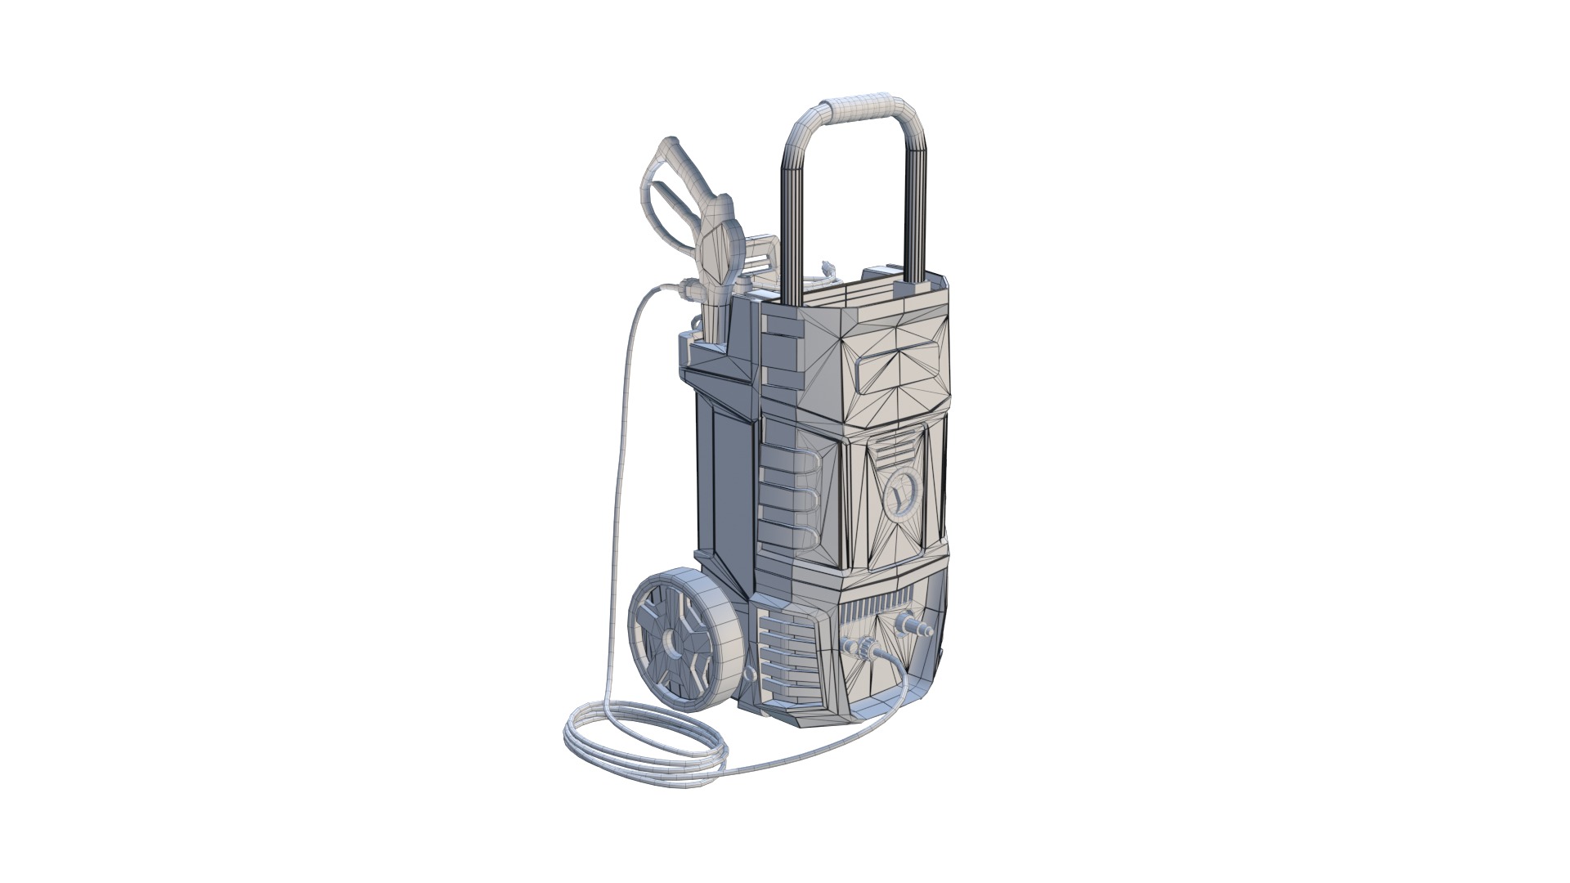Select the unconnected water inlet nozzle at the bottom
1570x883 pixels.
pyautogui.click(x=914, y=625)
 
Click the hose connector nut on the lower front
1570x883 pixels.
pyautogui.click(x=863, y=650)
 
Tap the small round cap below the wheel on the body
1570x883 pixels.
pyautogui.click(x=746, y=697)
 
